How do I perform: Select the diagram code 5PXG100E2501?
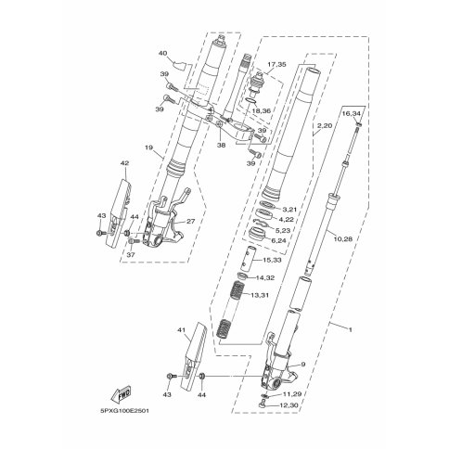tap(124, 412)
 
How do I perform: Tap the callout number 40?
tap(162, 54)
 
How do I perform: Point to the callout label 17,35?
tap(276, 65)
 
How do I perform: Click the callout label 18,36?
tap(262, 110)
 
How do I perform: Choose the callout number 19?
tap(148, 148)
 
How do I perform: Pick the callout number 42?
tap(125, 163)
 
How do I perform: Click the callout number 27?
tap(190, 222)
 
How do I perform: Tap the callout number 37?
tap(131, 255)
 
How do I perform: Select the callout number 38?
tap(221, 145)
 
